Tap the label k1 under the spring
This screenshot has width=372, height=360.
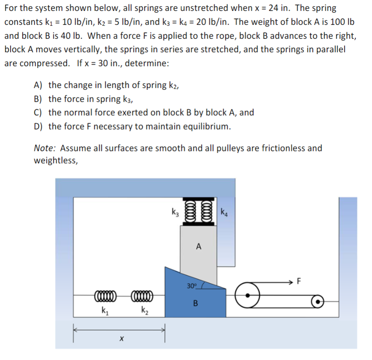tap(104, 311)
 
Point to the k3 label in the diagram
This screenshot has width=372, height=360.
tap(175, 213)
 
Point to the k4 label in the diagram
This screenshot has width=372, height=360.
tap(224, 213)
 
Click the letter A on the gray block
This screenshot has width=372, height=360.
tap(198, 247)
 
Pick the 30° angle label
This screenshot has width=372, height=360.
tap(192, 286)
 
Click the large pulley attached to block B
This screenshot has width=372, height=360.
tap(248, 295)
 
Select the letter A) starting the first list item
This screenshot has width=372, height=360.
tap(38, 85)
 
